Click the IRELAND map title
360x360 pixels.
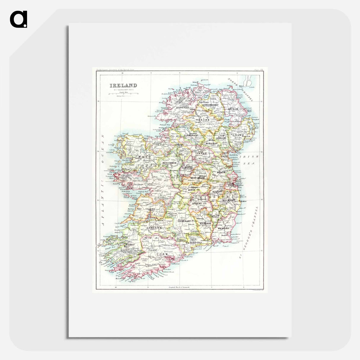[123, 86]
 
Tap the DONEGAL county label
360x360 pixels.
[183, 108]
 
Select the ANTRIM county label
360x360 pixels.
[233, 109]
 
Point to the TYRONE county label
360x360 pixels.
[203, 120]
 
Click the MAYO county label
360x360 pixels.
[145, 156]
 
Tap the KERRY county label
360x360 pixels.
[130, 245]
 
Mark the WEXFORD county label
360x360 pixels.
[223, 229]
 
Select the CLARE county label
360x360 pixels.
[150, 209]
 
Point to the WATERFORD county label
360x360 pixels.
[194, 243]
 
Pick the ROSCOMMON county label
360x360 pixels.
[169, 163]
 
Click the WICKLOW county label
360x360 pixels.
[229, 200]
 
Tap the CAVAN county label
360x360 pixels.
[201, 153]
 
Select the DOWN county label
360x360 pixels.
[239, 135]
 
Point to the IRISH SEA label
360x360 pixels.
[247, 160]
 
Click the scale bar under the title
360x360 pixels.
[123, 93]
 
